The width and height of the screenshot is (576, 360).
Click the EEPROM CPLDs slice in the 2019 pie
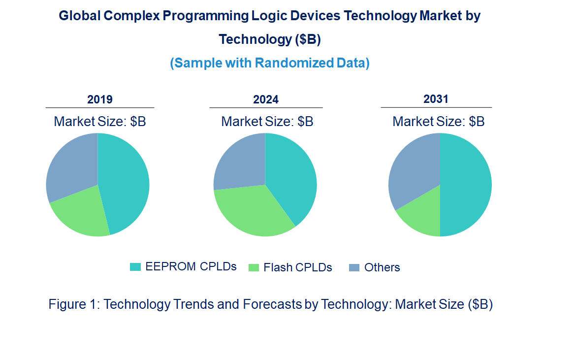[126, 185]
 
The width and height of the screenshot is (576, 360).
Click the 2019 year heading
[100, 99]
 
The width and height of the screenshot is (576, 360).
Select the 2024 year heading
[266, 100]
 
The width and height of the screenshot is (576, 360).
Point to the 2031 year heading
[436, 99]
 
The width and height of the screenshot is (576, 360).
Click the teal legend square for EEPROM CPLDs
[135, 267]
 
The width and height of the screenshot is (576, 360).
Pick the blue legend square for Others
[354, 267]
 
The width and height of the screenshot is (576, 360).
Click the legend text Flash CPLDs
[297, 267]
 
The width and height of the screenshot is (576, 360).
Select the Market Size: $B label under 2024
[267, 122]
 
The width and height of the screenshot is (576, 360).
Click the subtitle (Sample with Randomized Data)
[270, 63]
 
